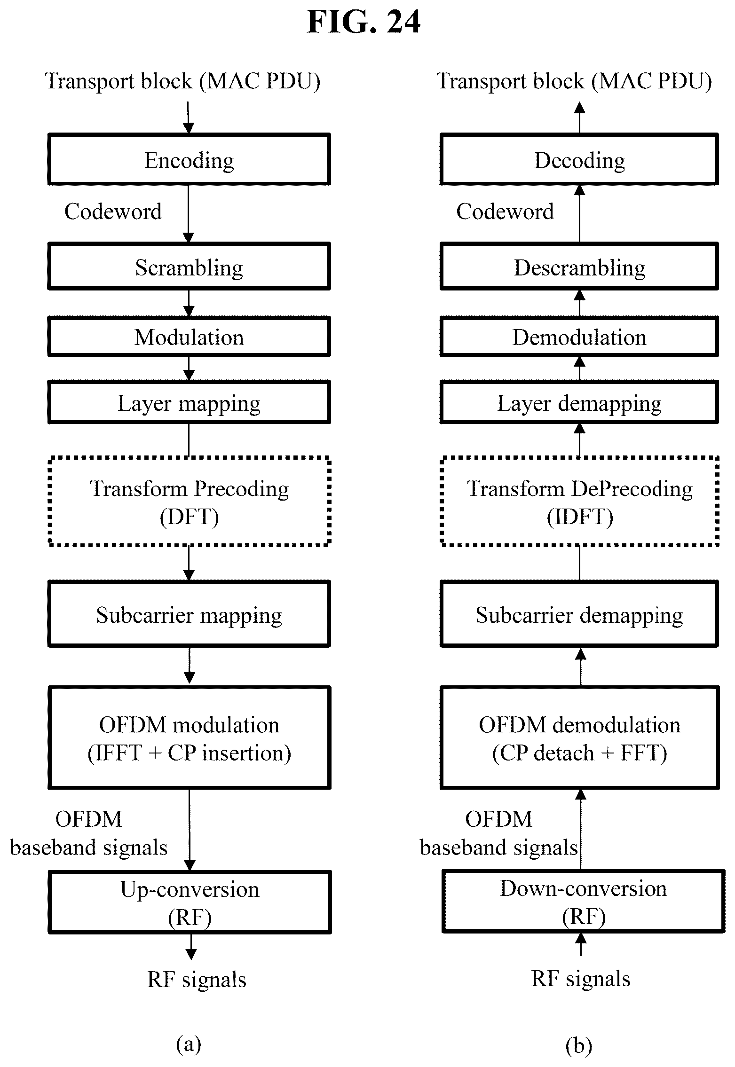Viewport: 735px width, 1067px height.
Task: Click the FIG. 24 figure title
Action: coord(364,22)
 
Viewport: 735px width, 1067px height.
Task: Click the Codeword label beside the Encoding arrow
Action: coord(113,212)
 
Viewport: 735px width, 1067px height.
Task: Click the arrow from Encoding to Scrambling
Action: coord(188,214)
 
